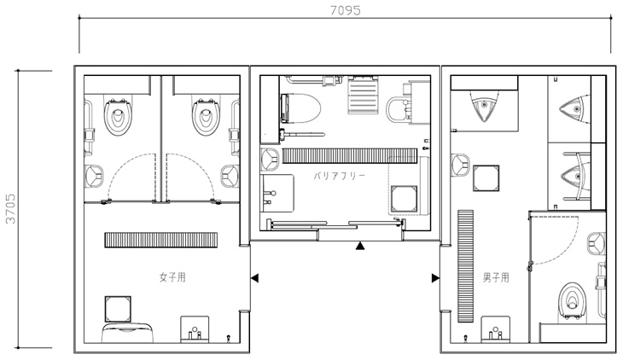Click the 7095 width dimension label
pos(346,10)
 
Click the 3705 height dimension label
pos(10,209)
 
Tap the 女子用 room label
pos(172,277)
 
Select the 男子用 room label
pos(496,277)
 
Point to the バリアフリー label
pos(340,176)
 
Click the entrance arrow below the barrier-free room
pos(360,246)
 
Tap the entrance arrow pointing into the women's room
pos(254,278)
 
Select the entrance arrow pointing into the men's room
pos(435,278)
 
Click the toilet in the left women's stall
pos(118,116)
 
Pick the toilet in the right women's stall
pos(206,116)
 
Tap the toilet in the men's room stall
pos(572,301)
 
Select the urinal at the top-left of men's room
pos(484,105)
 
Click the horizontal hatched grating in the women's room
pos(161,240)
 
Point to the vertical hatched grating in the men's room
pos(466,266)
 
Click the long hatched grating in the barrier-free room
pos(350,156)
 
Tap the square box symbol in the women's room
pos(118,309)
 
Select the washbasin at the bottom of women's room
pos(195,329)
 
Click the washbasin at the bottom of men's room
pos(496,329)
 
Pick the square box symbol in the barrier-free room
pos(404,199)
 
